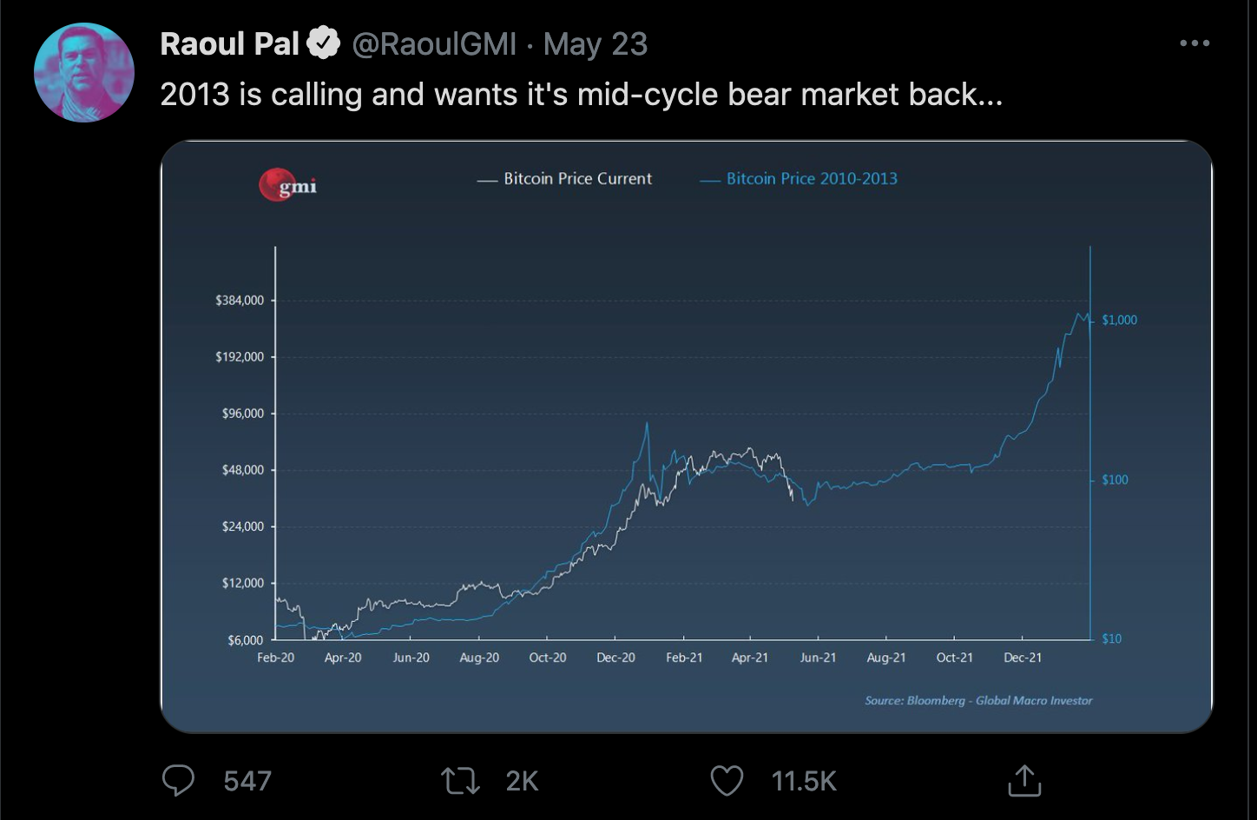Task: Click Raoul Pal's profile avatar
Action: [x=84, y=72]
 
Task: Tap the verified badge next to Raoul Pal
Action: [x=324, y=43]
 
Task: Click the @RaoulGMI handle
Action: [x=434, y=44]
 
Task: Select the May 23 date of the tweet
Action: [x=596, y=44]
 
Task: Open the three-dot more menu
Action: [x=1194, y=43]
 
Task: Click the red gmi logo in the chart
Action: [x=288, y=185]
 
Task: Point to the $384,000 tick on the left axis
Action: [x=240, y=301]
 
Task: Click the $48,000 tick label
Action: [x=243, y=470]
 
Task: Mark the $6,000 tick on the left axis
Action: [x=246, y=640]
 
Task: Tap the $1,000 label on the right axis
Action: [x=1119, y=320]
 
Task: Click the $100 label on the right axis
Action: [x=1115, y=479]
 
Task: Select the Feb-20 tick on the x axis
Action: [x=275, y=658]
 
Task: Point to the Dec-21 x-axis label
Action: [x=1023, y=658]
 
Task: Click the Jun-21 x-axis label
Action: [x=818, y=658]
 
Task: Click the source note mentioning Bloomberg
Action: [x=978, y=700]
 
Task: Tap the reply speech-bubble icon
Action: [x=179, y=780]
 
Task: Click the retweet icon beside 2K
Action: [x=460, y=780]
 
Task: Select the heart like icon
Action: [x=727, y=780]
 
